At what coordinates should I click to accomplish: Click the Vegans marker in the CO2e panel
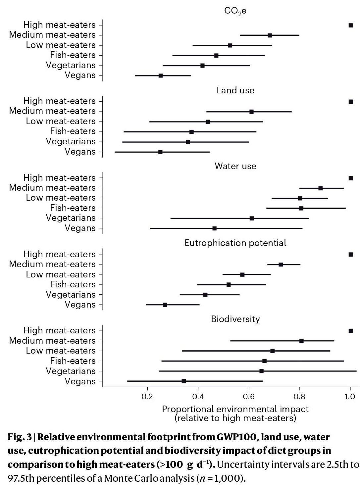coord(161,75)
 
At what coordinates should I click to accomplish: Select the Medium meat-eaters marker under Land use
coord(251,112)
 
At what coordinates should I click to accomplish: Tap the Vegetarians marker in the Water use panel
coord(252,218)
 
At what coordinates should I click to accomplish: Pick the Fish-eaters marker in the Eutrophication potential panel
coord(229,284)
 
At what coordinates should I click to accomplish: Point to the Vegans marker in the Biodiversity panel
coord(184,381)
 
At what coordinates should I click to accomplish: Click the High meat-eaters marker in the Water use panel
coord(351,178)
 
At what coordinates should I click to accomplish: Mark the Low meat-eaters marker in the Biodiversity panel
coord(272,351)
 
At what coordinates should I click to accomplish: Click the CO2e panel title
coord(235,11)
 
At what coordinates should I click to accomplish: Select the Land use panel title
coord(235,90)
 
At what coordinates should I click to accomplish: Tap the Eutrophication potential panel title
coord(235,243)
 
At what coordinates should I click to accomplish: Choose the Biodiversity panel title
coord(235,319)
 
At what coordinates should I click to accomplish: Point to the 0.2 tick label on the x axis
coord(147,397)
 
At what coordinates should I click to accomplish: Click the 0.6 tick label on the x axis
coord(249,397)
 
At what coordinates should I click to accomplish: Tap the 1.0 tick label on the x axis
coord(350,397)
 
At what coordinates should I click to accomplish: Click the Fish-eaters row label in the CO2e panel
coord(73,55)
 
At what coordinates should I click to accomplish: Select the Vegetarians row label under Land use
coord(71,141)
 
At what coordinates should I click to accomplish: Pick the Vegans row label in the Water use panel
coord(80,228)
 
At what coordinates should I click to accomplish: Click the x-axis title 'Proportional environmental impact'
coord(235,409)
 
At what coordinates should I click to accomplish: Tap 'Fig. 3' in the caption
coord(20,437)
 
